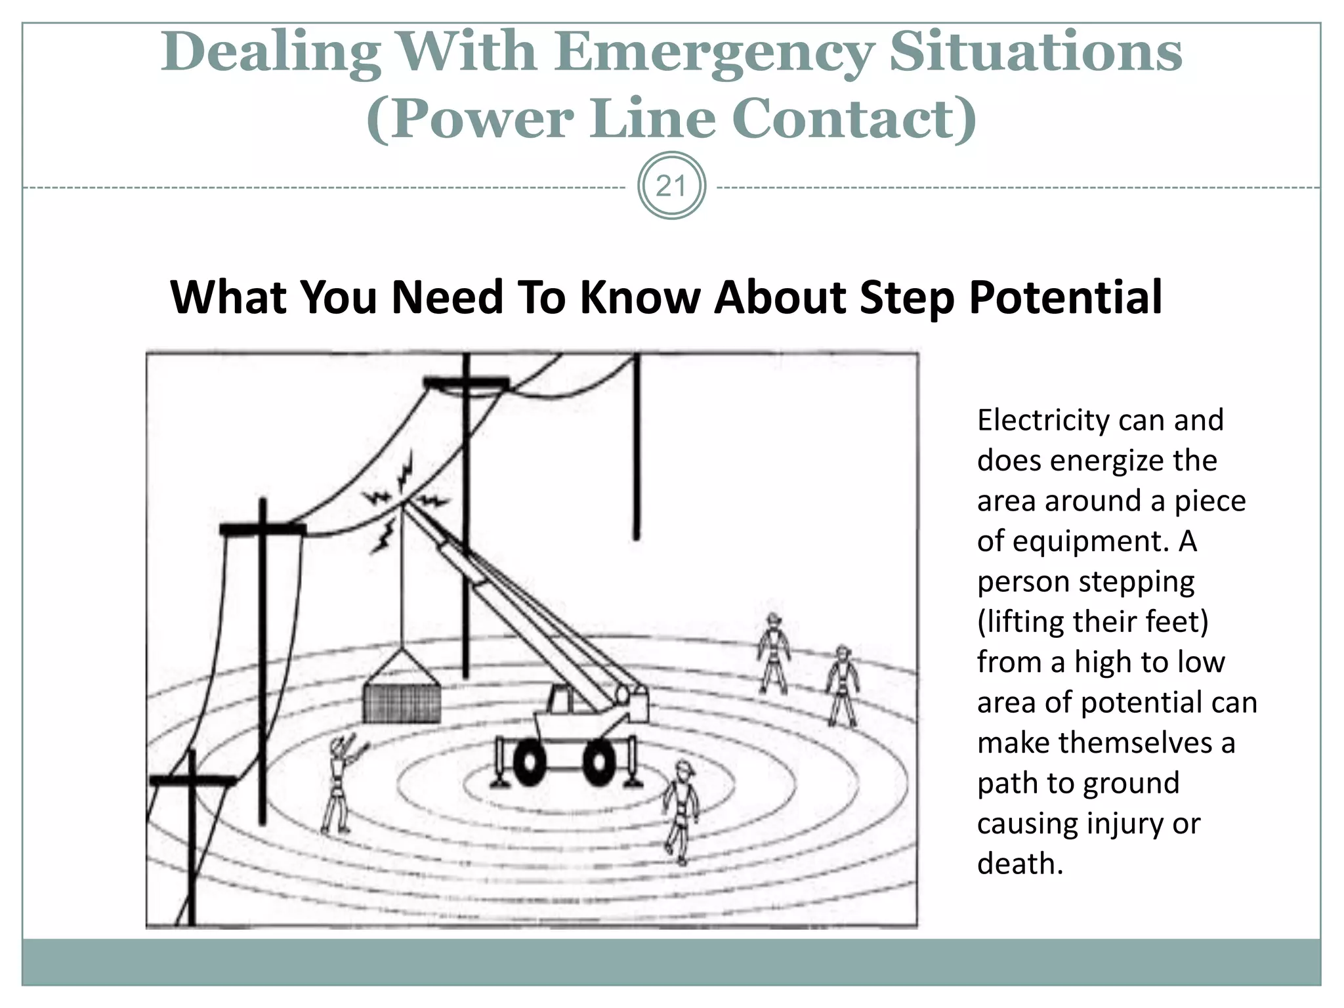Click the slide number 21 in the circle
pos(671,186)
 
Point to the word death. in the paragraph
pos(1020,864)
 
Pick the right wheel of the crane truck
pos(598,763)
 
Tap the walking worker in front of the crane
pos(681,810)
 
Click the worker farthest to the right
pos(841,686)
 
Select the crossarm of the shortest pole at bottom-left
pos(192,780)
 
